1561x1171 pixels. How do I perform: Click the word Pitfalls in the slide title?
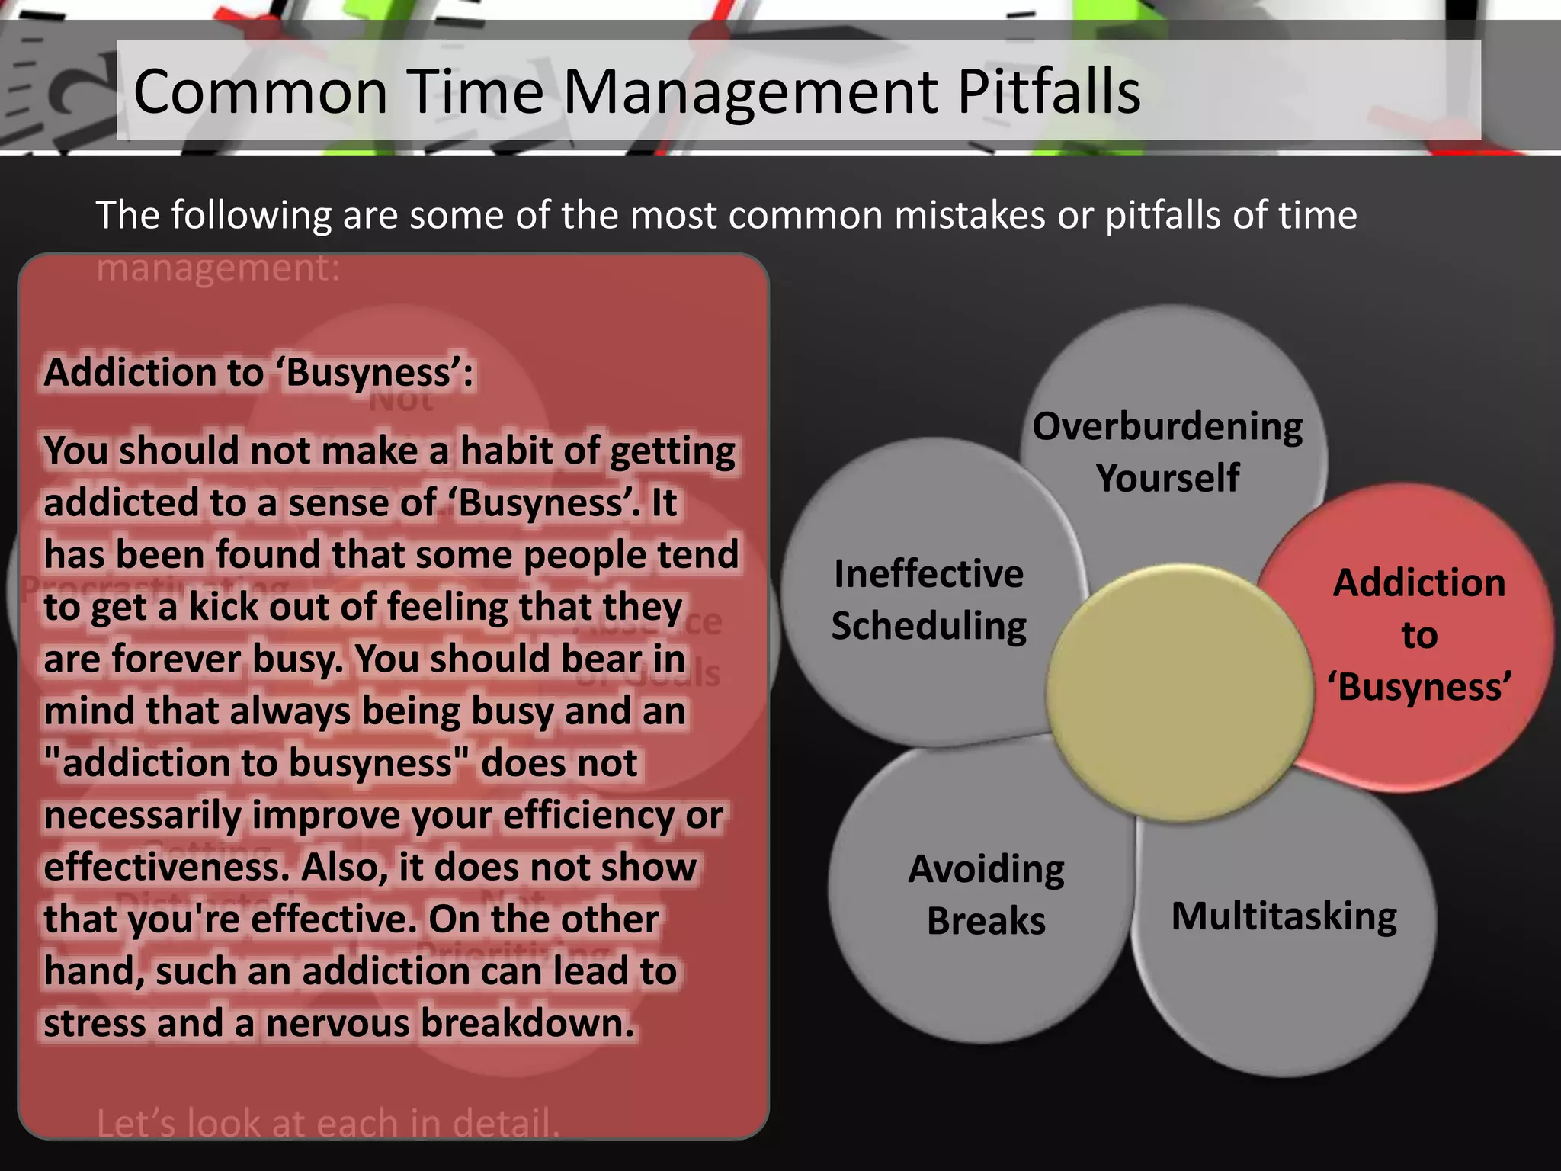(1049, 91)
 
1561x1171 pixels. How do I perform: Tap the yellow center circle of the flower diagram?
(1179, 692)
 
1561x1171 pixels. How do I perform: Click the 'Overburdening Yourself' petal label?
(1168, 451)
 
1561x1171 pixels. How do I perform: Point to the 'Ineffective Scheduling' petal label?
(928, 599)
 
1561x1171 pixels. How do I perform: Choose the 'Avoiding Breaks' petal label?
(986, 894)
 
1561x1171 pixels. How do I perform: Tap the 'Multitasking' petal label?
(1284, 916)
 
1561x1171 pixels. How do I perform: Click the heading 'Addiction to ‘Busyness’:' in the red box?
(258, 373)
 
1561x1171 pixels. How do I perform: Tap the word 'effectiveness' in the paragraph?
(167, 868)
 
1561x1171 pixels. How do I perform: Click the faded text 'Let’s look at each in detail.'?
(328, 1124)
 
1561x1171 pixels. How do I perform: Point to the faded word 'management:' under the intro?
(218, 268)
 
